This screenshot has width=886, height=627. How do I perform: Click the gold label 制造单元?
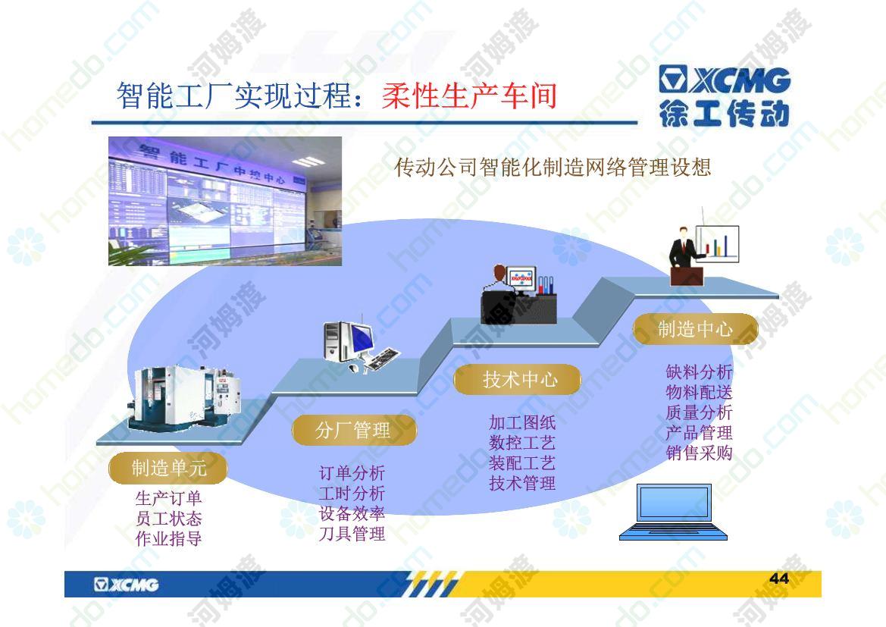(168, 468)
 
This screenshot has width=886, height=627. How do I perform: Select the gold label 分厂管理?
(354, 430)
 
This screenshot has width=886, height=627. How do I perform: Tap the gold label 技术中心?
(518, 379)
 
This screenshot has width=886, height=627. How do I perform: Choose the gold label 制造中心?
(696, 329)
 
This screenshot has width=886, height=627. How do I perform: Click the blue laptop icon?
(674, 512)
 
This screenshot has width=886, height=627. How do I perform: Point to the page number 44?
(779, 578)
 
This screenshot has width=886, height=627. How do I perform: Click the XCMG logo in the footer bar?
(127, 585)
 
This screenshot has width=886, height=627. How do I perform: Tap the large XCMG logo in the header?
(725, 96)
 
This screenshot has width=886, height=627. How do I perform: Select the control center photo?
(225, 201)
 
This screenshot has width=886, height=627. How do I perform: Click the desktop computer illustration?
(361, 346)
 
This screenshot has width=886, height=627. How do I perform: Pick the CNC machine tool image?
(186, 399)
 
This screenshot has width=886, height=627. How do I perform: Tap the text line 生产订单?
(168, 497)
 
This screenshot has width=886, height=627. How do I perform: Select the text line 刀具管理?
(352, 533)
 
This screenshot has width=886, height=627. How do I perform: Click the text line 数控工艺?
(522, 443)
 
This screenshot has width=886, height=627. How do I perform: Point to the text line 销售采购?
(699, 453)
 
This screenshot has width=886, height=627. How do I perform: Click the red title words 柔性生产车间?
(470, 95)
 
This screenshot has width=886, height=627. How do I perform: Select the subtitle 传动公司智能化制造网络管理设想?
(553, 167)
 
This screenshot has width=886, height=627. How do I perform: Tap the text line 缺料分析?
(699, 371)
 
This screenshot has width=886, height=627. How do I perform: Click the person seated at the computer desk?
(497, 294)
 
